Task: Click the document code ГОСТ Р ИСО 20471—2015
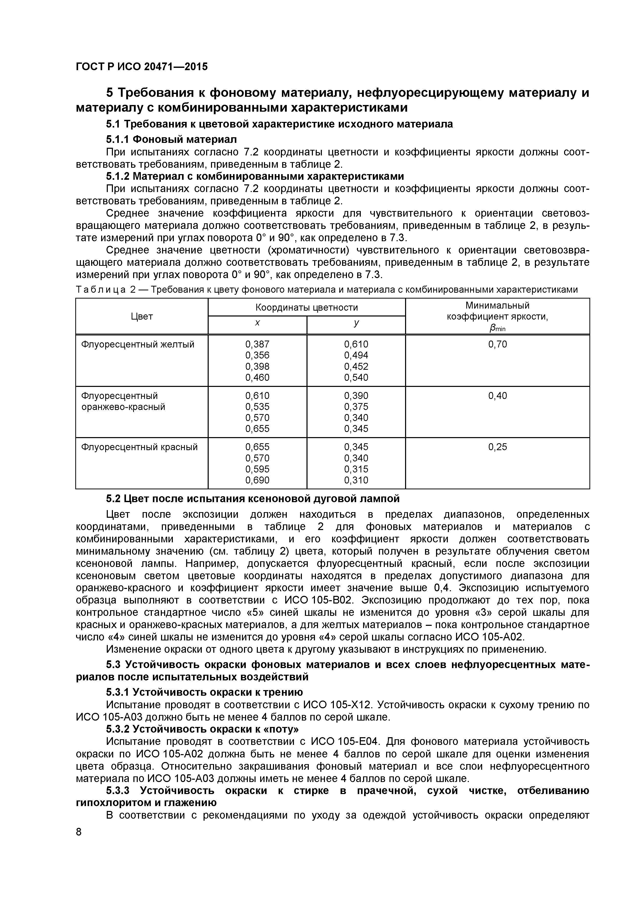pyautogui.click(x=142, y=67)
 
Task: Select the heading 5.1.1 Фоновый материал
pyautogui.click(x=171, y=139)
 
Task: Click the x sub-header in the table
pyautogui.click(x=257, y=323)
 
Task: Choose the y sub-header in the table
pyautogui.click(x=356, y=323)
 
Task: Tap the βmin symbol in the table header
pyautogui.click(x=497, y=328)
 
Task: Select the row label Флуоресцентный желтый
pyautogui.click(x=138, y=344)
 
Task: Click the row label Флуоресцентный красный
pyautogui.click(x=139, y=447)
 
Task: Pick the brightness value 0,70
pyautogui.click(x=497, y=344)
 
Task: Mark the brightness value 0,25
pyautogui.click(x=497, y=447)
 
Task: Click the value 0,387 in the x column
pyautogui.click(x=257, y=344)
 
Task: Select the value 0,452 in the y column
pyautogui.click(x=356, y=366)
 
